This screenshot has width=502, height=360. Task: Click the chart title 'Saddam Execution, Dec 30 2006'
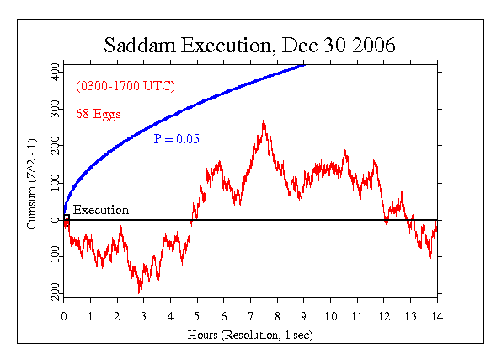click(249, 45)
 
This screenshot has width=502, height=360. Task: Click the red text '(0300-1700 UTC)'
click(125, 87)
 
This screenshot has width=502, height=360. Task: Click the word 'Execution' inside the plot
click(100, 210)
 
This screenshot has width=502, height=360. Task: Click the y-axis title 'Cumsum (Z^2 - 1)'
click(31, 180)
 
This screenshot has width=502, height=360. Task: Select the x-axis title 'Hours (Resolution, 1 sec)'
click(250, 334)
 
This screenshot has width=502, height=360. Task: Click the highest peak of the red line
click(264, 121)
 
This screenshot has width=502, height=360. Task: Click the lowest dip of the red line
click(140, 292)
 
